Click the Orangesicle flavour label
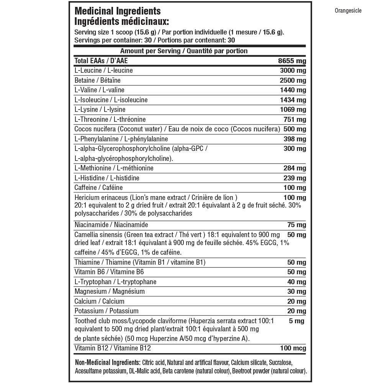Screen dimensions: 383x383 [x=348, y=11]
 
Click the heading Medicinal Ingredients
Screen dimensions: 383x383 [x=117, y=11]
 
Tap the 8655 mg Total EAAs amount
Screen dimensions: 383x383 [x=292, y=61]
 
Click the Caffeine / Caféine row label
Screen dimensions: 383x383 [x=98, y=188]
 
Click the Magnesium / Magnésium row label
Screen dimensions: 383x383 [x=104, y=291]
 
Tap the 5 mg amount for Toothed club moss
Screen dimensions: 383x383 [x=297, y=321]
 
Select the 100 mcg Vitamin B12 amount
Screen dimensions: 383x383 [x=293, y=349]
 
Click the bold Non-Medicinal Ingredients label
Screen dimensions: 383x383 [x=107, y=362]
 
